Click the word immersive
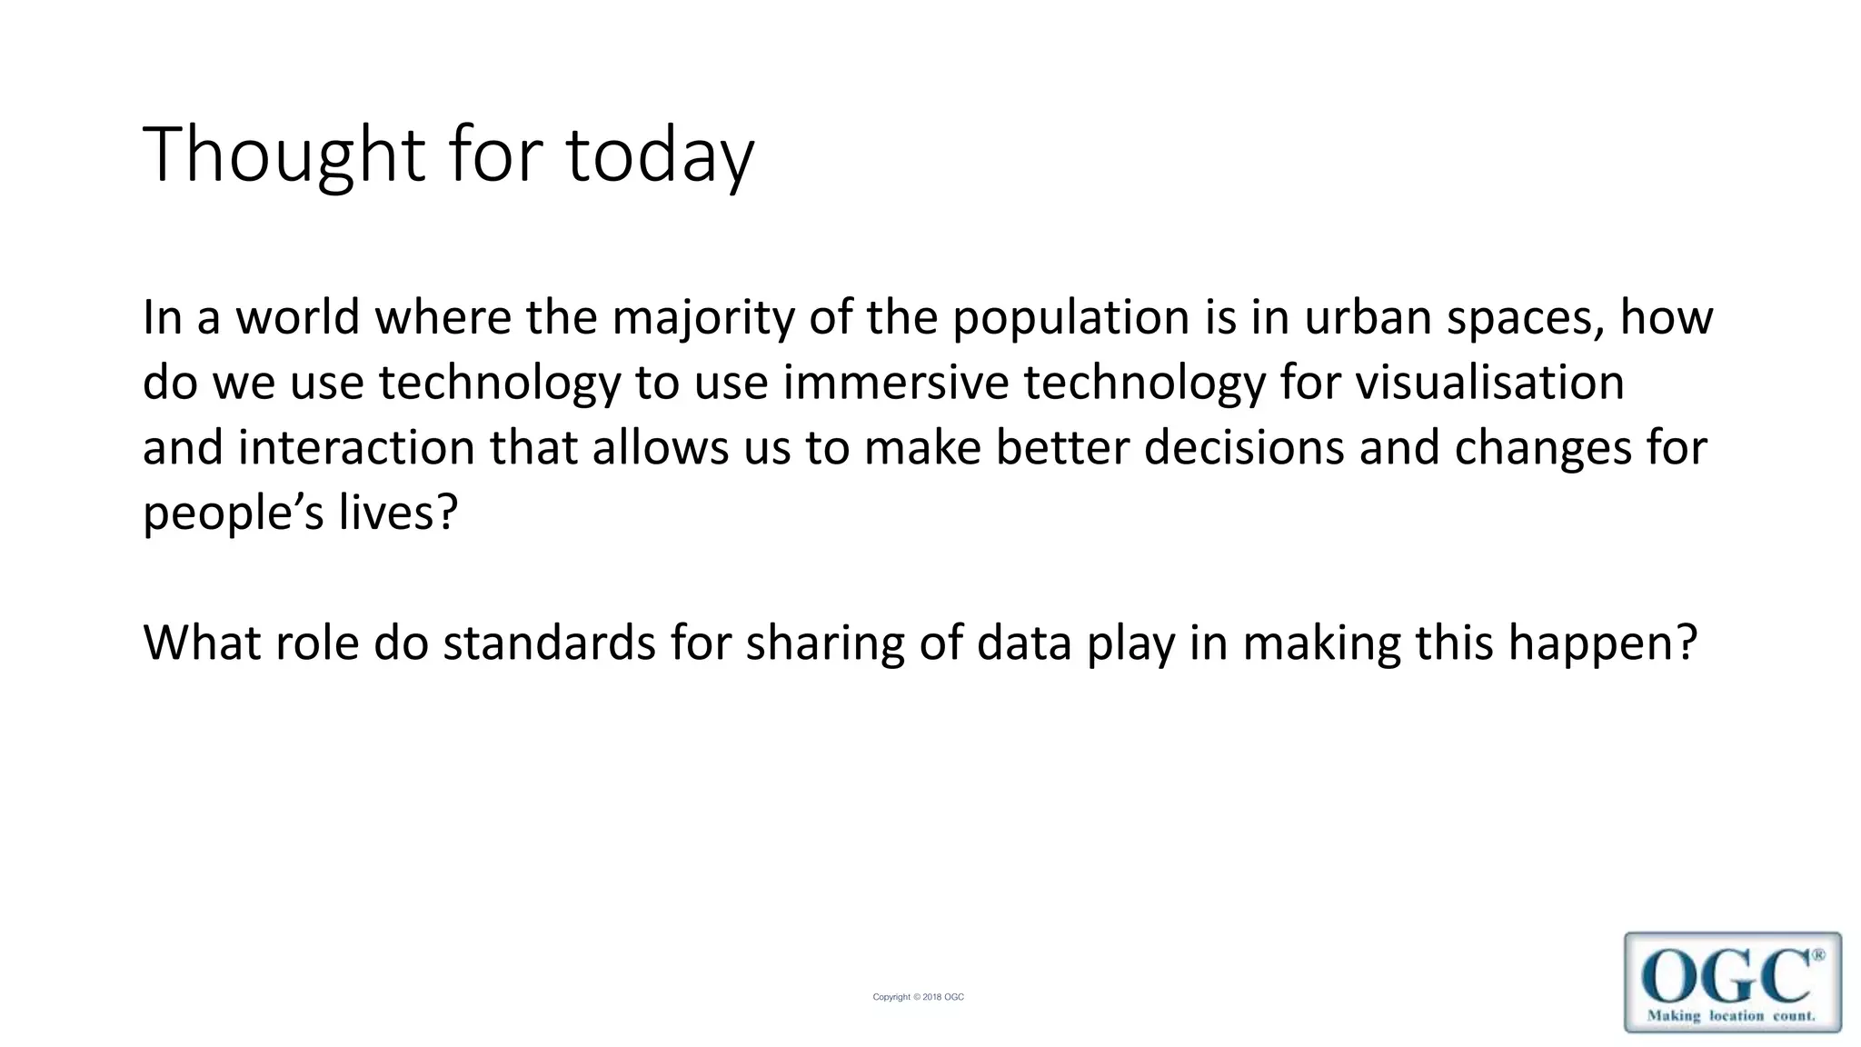(896, 383)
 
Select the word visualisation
(1490, 383)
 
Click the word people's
(234, 514)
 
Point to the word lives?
(399, 514)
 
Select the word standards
(550, 643)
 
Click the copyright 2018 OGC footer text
(918, 997)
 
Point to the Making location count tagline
(1731, 1016)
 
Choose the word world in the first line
(298, 318)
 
